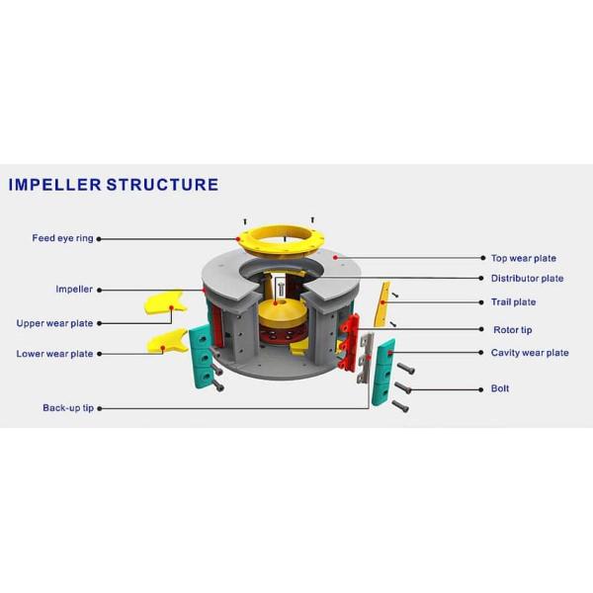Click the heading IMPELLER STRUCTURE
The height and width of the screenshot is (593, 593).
tap(114, 185)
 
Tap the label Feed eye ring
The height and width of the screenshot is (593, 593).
tap(62, 238)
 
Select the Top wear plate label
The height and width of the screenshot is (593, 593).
tap(524, 258)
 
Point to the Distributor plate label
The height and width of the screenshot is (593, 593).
tap(527, 279)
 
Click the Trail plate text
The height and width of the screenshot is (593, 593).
tap(513, 302)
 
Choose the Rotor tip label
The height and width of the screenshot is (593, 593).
tap(512, 330)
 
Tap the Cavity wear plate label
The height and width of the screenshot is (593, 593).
tap(530, 353)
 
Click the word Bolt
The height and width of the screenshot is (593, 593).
tap(499, 388)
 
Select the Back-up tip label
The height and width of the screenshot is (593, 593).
tap(68, 408)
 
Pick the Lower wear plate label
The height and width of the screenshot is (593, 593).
tap(54, 354)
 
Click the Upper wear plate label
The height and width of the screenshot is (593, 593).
tap(54, 323)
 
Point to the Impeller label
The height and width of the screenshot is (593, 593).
tap(74, 290)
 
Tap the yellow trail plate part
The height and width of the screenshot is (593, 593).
tap(381, 303)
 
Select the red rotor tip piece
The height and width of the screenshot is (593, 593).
tap(349, 341)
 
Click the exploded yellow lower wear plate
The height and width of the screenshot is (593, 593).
tap(167, 342)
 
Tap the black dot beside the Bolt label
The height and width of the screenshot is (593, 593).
tap(481, 389)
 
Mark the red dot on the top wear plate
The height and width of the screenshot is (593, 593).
tap(335, 257)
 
